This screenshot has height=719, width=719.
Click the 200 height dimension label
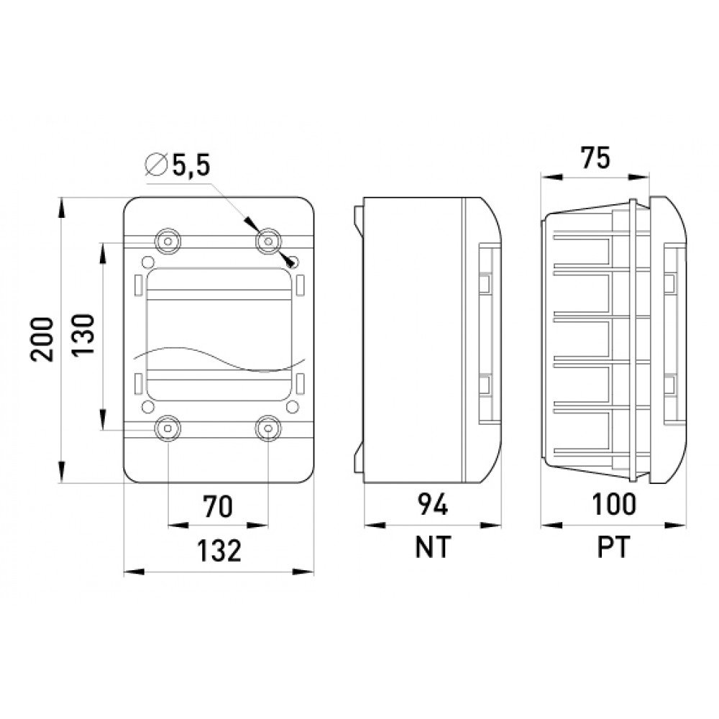point(42,339)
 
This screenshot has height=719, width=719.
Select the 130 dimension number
point(83,334)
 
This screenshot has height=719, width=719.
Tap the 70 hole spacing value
point(218,506)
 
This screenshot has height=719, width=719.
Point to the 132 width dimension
point(219,551)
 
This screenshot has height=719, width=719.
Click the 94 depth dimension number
point(432,505)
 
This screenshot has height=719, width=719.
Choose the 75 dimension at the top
point(595,157)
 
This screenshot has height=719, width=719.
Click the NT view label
point(433,546)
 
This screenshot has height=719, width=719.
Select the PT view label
point(614,546)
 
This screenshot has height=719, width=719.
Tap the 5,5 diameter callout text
point(191,165)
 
